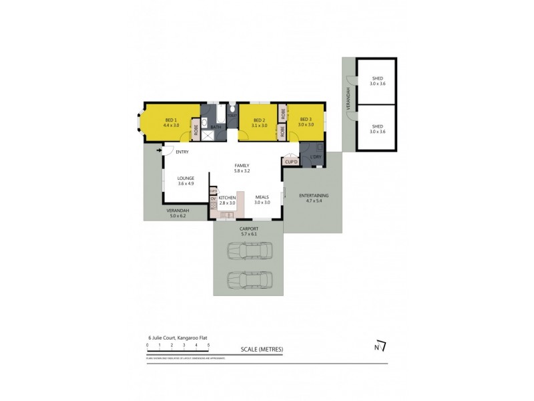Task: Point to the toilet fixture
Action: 232,110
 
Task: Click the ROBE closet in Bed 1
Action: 196,130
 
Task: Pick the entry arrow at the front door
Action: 160,151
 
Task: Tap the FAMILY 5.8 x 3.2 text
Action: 241,168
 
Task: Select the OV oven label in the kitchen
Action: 214,198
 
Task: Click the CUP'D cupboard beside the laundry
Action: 290,161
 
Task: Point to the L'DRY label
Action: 316,157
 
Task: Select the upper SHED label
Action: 377,81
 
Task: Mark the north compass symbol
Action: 380,346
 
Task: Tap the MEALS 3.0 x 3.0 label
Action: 262,200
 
